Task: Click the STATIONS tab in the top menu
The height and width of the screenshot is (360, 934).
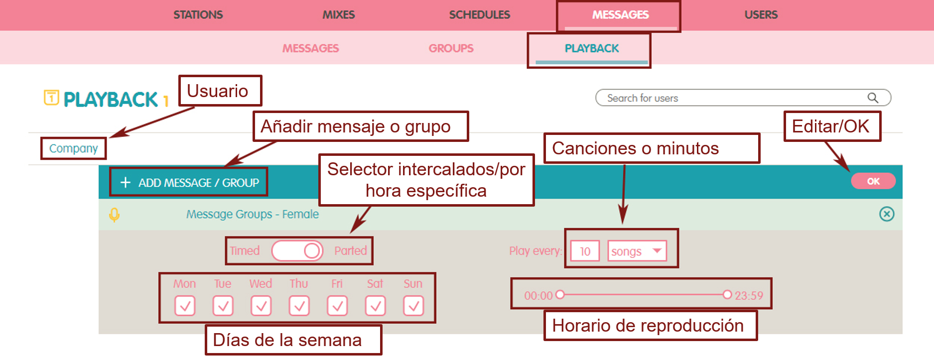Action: [x=198, y=15]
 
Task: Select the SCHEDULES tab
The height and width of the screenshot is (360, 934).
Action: [x=479, y=15]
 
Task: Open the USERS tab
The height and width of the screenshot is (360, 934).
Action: [x=761, y=15]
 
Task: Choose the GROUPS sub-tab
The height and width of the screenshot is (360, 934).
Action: [x=451, y=48]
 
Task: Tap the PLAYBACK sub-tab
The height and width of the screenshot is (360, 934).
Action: [x=591, y=48]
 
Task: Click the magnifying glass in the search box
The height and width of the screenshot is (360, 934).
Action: [x=873, y=98]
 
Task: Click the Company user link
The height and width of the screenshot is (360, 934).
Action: [x=73, y=148]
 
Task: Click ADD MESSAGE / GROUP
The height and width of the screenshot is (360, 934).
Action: [x=189, y=183]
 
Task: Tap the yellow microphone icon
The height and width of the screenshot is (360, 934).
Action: [x=114, y=215]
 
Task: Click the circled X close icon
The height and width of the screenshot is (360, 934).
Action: [x=887, y=214]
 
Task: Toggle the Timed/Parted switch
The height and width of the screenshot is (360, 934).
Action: [x=297, y=250]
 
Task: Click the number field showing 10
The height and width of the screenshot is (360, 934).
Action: [x=585, y=251]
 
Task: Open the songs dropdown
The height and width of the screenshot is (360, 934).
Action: [x=637, y=251]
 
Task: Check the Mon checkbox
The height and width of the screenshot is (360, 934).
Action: [x=185, y=306]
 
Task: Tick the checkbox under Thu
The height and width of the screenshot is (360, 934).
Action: [x=299, y=306]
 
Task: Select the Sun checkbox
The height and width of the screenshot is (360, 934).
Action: [x=413, y=306]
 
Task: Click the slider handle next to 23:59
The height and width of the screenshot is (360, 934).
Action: [x=727, y=295]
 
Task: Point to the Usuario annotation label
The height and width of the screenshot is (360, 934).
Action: [x=220, y=91]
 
